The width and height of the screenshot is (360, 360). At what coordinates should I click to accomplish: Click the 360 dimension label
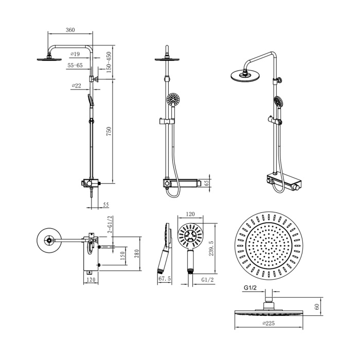tap(70, 30)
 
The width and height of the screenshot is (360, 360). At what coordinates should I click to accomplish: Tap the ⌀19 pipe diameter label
tap(75, 54)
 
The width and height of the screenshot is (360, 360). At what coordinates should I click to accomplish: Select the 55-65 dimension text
tap(75, 65)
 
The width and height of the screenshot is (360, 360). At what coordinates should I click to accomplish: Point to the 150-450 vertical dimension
tap(109, 62)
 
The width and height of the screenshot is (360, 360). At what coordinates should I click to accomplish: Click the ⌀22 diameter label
tap(77, 86)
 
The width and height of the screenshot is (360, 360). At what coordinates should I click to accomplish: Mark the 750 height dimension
tap(109, 131)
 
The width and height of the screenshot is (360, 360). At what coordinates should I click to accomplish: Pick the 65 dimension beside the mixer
tap(206, 183)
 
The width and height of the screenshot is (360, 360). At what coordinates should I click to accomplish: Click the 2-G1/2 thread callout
tap(110, 224)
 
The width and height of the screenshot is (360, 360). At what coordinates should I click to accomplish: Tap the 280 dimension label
tap(137, 254)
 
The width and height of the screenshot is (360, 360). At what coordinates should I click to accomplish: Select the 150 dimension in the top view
tap(122, 256)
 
